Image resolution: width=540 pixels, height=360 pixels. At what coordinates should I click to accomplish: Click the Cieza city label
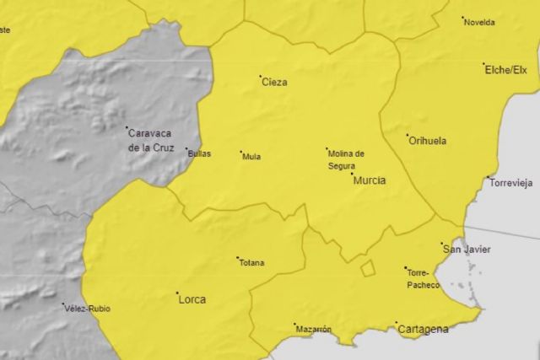[275, 83]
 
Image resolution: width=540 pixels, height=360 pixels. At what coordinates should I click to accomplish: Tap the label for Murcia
[370, 180]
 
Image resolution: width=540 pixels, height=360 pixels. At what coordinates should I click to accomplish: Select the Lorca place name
[192, 299]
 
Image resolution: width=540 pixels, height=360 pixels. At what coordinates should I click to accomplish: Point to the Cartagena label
[423, 330]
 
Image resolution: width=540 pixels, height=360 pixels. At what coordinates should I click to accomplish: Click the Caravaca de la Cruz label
[151, 139]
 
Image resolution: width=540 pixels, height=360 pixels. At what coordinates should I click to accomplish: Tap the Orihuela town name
[428, 141]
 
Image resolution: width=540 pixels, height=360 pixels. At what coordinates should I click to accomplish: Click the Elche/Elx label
[505, 70]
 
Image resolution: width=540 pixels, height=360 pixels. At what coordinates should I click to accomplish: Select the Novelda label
[479, 22]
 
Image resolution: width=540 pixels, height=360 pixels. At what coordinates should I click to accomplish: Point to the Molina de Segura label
[347, 159]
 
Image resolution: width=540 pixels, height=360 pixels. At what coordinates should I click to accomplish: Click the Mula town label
[251, 156]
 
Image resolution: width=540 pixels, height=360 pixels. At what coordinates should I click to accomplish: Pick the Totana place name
[251, 263]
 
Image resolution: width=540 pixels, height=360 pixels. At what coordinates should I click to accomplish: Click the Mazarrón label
[314, 329]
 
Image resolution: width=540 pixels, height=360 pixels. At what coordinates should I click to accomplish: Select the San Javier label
[467, 250]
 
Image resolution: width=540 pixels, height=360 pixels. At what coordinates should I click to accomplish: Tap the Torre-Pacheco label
[423, 279]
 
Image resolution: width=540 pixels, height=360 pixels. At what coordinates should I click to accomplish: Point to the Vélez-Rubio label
[87, 309]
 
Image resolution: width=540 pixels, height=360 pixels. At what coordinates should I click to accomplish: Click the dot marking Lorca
[177, 294]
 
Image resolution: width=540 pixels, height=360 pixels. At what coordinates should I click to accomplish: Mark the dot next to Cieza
[260, 78]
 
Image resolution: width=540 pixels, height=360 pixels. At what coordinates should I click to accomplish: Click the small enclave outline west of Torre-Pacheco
[368, 268]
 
